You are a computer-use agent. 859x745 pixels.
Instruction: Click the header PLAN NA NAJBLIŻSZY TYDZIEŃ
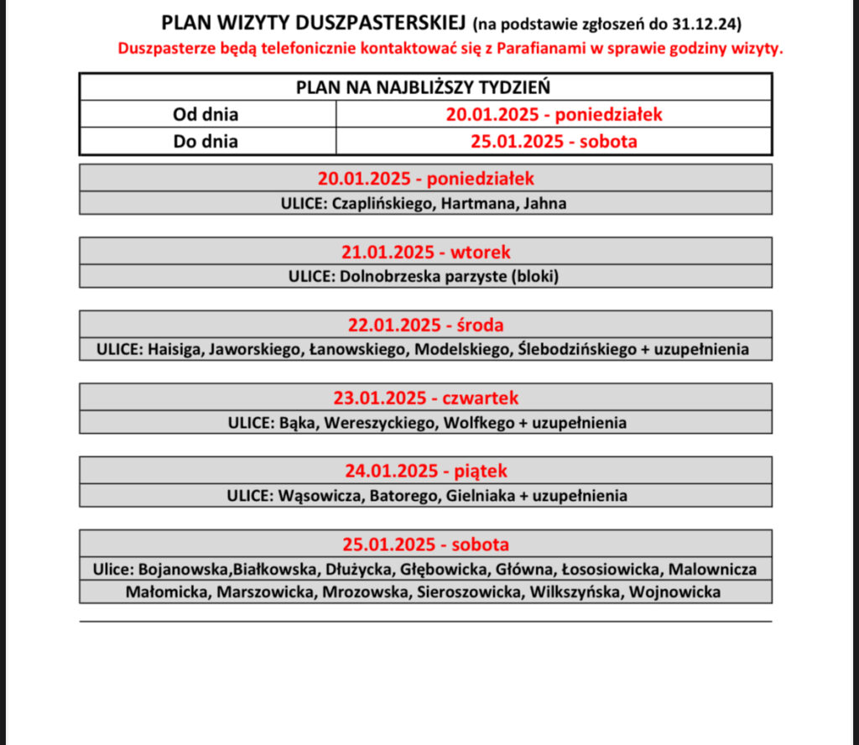click(425, 87)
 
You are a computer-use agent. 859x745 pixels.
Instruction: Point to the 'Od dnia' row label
click(206, 114)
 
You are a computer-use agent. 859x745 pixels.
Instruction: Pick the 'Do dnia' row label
click(206, 142)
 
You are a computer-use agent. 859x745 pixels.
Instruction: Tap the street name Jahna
click(544, 203)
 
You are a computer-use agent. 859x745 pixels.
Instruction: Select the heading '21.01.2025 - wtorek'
click(425, 251)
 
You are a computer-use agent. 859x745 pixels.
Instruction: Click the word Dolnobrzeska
click(385, 276)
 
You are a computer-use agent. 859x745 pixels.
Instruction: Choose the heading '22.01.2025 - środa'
click(425, 324)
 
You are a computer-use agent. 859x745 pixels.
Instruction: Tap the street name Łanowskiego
click(357, 349)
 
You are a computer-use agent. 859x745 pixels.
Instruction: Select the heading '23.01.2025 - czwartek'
click(425, 397)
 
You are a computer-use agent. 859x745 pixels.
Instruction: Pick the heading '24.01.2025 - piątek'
click(425, 470)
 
